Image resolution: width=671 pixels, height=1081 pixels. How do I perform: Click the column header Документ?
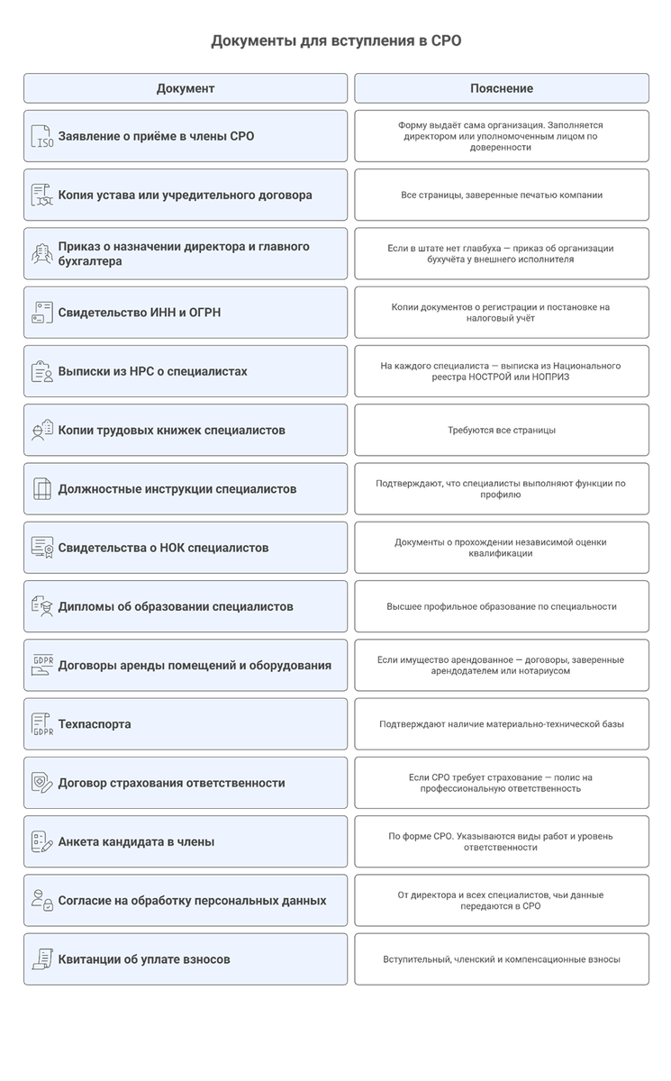point(185,88)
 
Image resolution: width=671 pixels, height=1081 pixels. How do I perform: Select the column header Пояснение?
point(501,88)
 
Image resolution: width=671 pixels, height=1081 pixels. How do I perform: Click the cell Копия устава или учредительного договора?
point(186,195)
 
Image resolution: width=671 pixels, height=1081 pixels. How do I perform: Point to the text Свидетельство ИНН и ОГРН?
point(140,313)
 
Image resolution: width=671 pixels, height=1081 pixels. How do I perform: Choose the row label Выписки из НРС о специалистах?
point(152,371)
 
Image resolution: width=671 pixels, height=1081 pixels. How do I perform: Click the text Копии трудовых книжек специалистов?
point(171,430)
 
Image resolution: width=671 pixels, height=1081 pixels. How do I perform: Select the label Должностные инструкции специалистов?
point(177,489)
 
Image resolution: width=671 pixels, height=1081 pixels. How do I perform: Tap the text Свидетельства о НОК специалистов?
point(163,548)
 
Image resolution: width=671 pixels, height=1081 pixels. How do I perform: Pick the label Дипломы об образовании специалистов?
point(176,606)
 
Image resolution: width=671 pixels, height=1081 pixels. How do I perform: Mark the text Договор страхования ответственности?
point(171,783)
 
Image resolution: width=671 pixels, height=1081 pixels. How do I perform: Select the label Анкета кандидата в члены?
point(136,842)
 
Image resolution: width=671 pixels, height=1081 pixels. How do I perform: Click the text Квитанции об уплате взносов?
point(144,959)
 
